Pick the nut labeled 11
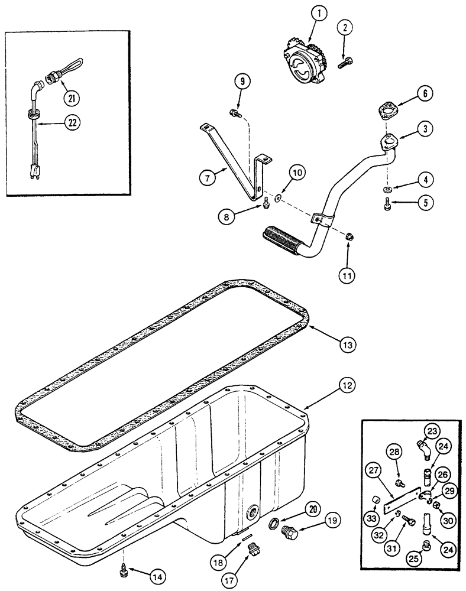click(349, 237)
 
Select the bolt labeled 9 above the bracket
click(234, 112)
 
